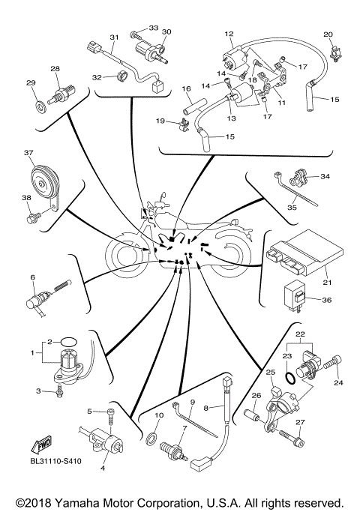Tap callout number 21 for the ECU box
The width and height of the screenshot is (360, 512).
tap(327, 283)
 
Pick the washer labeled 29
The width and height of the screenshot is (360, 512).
tap(37, 100)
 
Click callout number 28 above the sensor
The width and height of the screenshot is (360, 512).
tap(55, 69)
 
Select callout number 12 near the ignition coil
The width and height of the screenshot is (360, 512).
tap(229, 34)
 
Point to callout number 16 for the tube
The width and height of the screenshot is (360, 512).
tap(187, 88)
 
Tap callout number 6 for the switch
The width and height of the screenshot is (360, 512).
tap(32, 277)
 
